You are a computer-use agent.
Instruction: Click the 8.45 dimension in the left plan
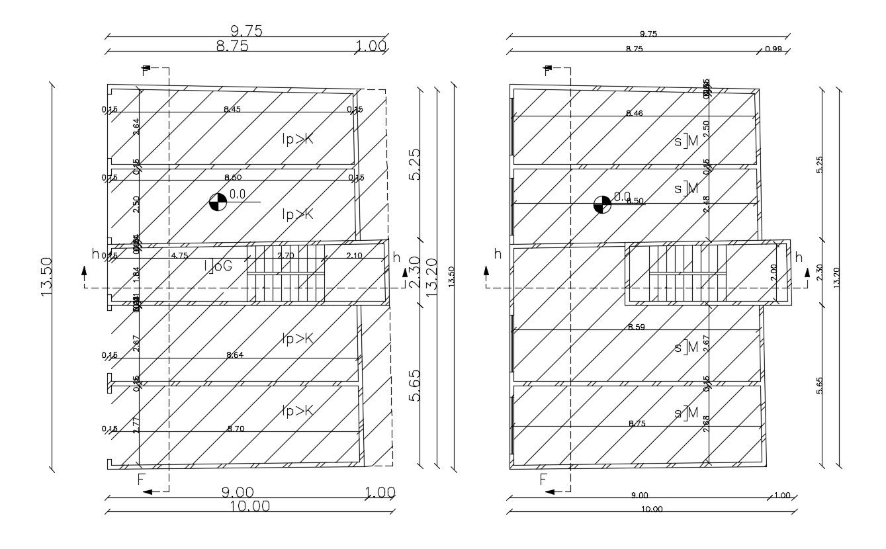[x=232, y=109]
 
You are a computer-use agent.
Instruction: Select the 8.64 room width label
[x=235, y=355]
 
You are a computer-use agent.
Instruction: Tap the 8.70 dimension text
[x=236, y=429]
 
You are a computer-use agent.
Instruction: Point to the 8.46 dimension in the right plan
[x=634, y=114]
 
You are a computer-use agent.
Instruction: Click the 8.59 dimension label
[x=637, y=327]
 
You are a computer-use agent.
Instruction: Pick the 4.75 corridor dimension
[x=179, y=255]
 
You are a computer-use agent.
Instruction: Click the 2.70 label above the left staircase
[x=286, y=255]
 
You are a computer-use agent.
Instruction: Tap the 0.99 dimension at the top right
[x=773, y=50]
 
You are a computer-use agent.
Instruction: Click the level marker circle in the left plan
[x=217, y=202]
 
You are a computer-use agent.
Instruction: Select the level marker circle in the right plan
[x=601, y=204]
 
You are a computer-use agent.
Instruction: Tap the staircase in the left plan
[x=286, y=274]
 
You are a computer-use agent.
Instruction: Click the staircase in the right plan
[x=687, y=274]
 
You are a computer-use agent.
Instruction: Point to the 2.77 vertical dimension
[x=136, y=425]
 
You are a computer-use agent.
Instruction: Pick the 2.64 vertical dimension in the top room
[x=136, y=126]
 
